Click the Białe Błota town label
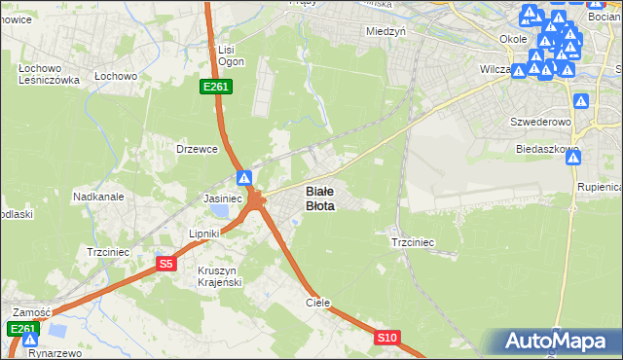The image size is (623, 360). [x=320, y=198]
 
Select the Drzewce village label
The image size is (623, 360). [x=195, y=149]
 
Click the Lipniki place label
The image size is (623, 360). [x=206, y=234]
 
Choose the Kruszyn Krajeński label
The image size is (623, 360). [x=219, y=275]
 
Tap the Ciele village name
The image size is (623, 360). [x=318, y=303]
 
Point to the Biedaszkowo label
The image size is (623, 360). [x=548, y=150]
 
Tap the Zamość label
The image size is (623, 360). [x=31, y=312]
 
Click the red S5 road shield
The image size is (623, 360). [x=165, y=263]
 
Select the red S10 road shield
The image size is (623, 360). [x=386, y=338]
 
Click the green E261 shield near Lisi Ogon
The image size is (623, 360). [x=215, y=88]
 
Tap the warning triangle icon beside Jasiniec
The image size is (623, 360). [x=244, y=179]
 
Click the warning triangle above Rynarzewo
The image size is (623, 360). [x=28, y=340]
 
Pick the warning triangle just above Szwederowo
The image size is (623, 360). [x=581, y=101]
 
